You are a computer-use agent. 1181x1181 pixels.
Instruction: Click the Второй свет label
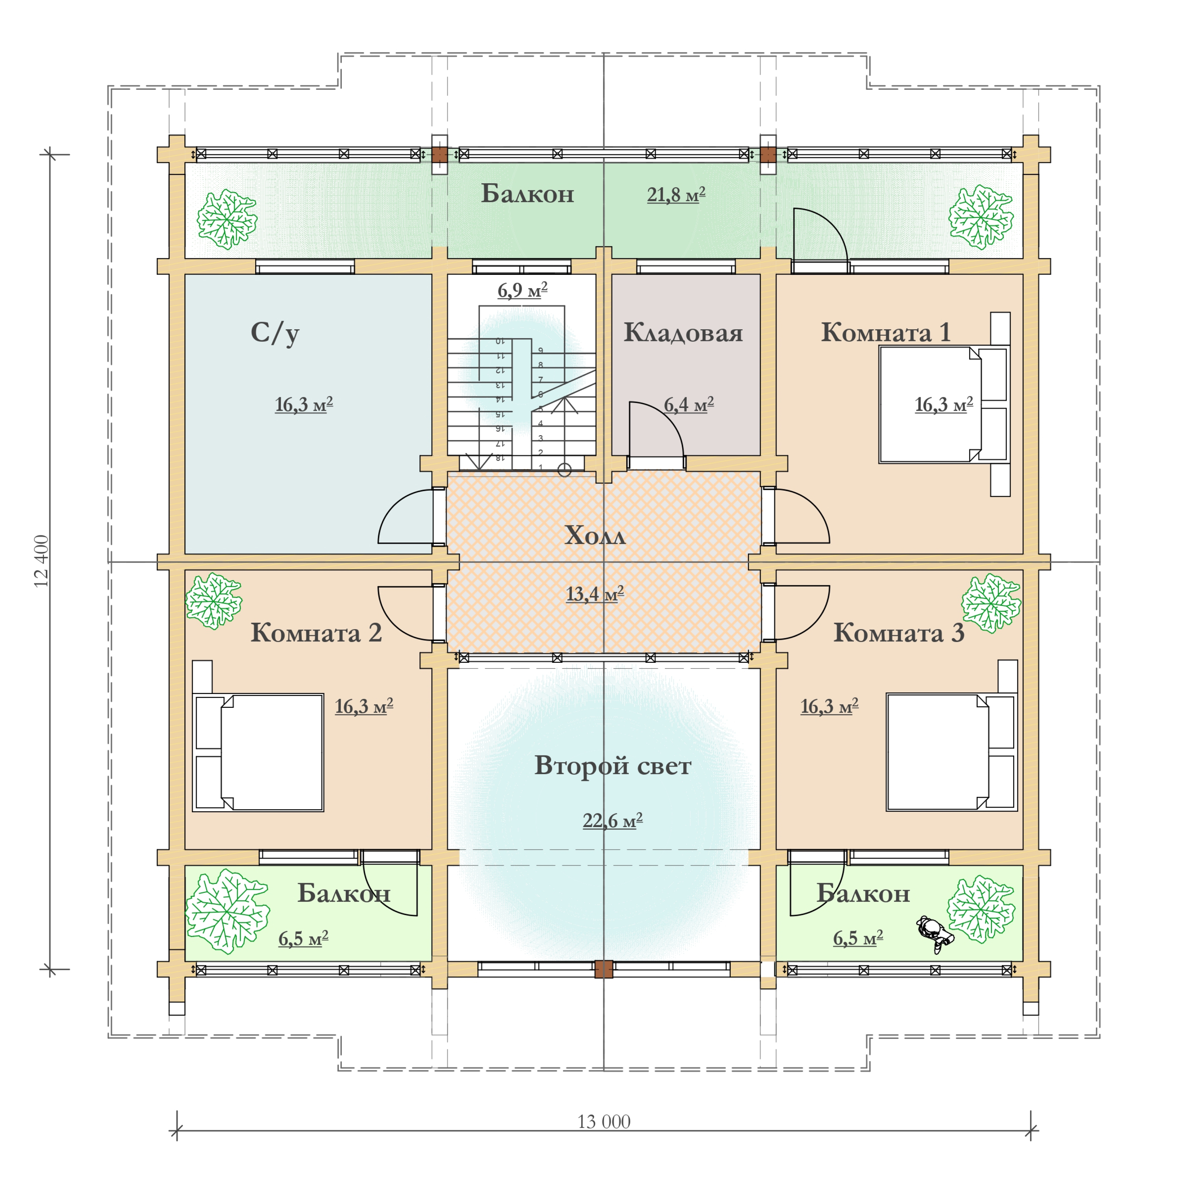click(x=612, y=766)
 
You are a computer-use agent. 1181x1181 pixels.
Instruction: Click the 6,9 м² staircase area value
click(x=522, y=290)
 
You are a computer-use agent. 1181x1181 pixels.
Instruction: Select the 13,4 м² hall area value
click(x=594, y=594)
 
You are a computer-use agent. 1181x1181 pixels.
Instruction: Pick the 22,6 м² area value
click(x=612, y=820)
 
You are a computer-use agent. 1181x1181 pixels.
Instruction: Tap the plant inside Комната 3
click(x=990, y=602)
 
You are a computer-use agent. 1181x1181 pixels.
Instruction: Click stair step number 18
click(x=499, y=457)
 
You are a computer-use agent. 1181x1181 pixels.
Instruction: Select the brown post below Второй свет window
click(x=603, y=969)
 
